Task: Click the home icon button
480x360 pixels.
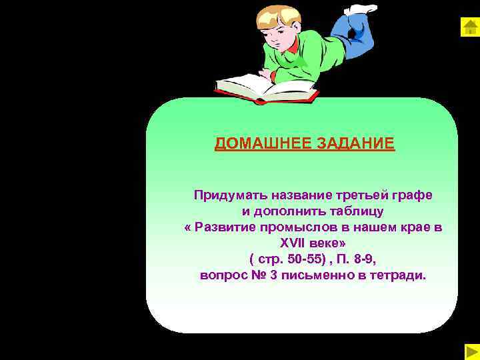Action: pos(469,27)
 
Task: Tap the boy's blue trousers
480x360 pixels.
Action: pos(350,33)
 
